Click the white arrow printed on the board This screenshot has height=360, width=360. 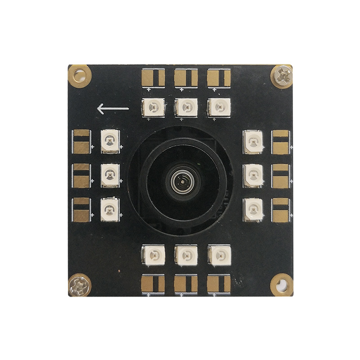113,108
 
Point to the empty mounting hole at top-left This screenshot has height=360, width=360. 79,75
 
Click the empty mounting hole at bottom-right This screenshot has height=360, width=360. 282,284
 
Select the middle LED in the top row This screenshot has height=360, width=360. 186,108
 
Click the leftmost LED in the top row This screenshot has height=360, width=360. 153,108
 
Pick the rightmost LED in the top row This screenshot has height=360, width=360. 219,108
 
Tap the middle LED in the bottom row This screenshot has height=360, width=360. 186,256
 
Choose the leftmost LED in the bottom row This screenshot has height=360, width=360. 153,256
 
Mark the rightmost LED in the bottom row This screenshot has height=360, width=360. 219,256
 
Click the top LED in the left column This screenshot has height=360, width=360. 110,141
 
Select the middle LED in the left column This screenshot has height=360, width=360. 110,175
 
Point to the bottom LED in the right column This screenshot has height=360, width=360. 253,209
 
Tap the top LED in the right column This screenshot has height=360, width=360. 253,141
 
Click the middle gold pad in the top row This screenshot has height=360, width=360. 186,78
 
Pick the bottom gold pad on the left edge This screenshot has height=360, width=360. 81,210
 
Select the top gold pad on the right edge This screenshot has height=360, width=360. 281,141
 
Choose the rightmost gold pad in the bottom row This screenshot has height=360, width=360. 219,283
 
